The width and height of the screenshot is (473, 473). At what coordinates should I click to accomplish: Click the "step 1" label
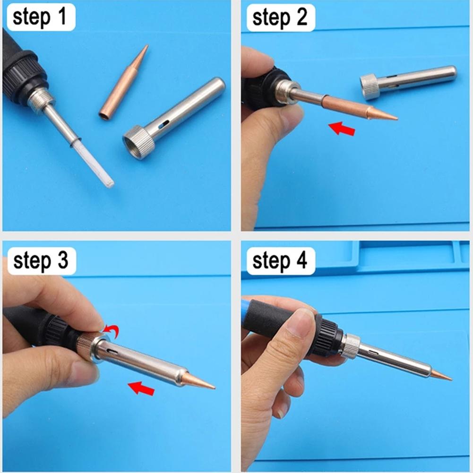[x=40, y=17]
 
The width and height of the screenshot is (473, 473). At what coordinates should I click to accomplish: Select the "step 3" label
[x=41, y=261]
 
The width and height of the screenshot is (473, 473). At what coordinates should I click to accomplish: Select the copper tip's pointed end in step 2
[x=397, y=119]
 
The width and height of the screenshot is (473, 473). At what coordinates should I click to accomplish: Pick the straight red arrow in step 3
[x=141, y=388]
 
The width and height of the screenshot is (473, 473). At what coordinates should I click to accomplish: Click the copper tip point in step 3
[x=215, y=388]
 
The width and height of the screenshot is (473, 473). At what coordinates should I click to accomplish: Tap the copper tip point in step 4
[x=451, y=379]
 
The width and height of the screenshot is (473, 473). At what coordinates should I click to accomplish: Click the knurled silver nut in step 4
[x=351, y=345]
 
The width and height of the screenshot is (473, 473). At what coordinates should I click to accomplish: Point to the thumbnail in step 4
[x=300, y=324]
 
